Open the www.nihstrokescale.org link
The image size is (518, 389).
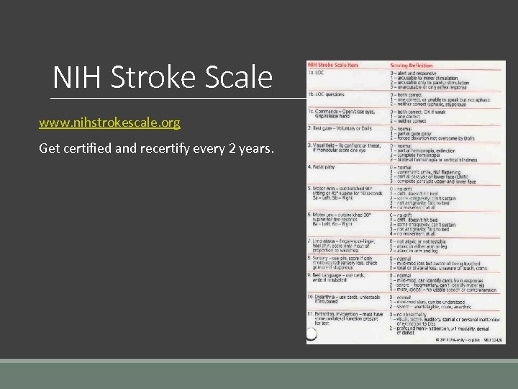(x=110, y=123)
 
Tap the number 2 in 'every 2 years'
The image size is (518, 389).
(x=230, y=148)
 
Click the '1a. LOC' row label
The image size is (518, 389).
(x=317, y=73)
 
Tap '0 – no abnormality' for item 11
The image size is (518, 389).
(x=413, y=315)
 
